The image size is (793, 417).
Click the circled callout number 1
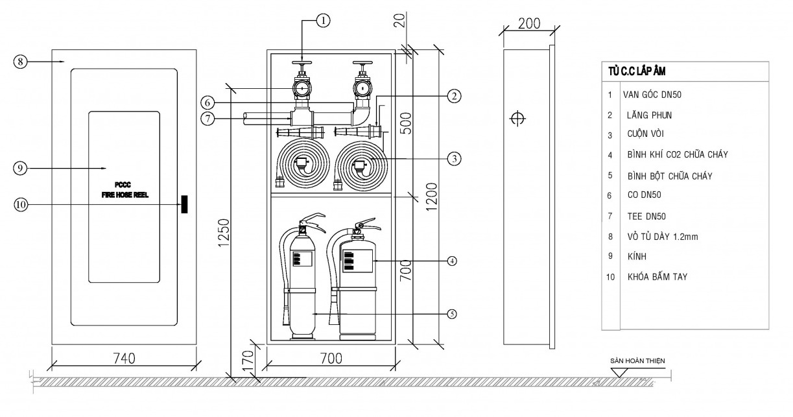323,21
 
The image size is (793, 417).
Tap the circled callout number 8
21,62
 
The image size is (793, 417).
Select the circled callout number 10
21,204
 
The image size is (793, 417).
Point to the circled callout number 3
454,159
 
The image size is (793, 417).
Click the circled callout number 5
452,314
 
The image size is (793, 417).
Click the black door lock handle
184,204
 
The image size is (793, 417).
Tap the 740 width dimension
124,359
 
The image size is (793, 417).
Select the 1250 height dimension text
224,233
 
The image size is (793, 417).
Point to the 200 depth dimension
529,24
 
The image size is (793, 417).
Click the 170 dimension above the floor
249,360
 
